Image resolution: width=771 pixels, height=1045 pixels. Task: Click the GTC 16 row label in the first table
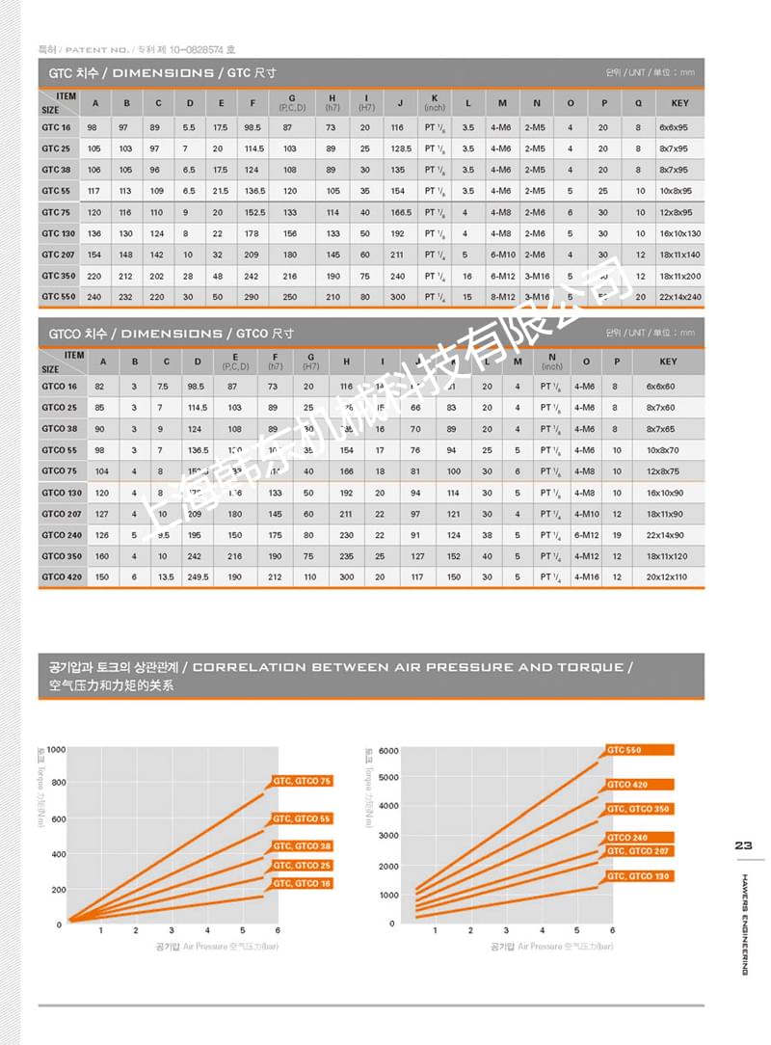pos(56,128)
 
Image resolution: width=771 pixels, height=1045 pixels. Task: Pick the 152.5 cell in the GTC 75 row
pos(254,213)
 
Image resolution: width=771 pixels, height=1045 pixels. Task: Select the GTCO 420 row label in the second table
pos(60,577)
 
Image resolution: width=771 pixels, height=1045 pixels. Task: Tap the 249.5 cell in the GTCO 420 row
pos(198,577)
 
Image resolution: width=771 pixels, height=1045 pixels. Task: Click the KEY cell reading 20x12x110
pos(666,577)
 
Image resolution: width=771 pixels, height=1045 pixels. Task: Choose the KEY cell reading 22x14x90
pos(666,535)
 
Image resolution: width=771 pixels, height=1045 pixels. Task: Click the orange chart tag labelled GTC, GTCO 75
pos(302,781)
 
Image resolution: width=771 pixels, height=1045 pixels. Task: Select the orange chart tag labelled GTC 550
pos(639,750)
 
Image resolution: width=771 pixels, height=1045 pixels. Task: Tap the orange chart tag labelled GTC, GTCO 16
pos(302,883)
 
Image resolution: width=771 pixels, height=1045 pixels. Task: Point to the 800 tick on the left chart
pos(57,783)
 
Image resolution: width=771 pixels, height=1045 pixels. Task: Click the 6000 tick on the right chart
pos(386,750)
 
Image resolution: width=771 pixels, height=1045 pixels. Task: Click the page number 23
pos(743,845)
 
